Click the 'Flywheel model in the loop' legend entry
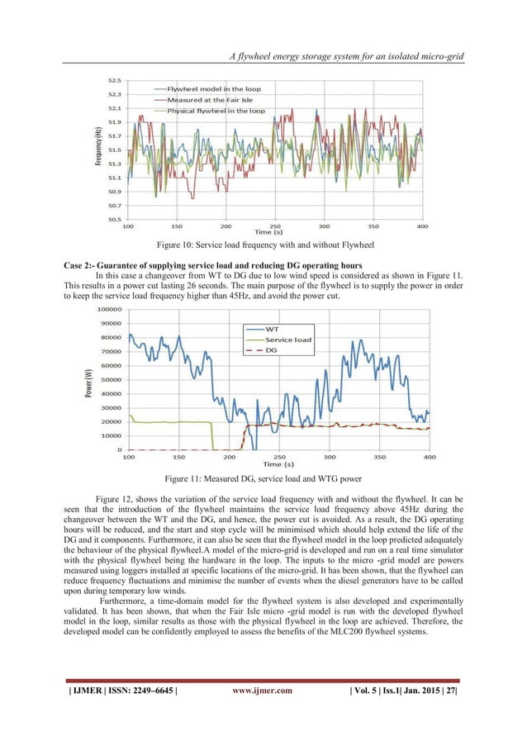pyautogui.click(x=212, y=88)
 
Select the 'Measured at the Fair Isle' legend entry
pyautogui.click(x=210, y=99)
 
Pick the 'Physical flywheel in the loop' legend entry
pyautogui.click(x=216, y=110)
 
